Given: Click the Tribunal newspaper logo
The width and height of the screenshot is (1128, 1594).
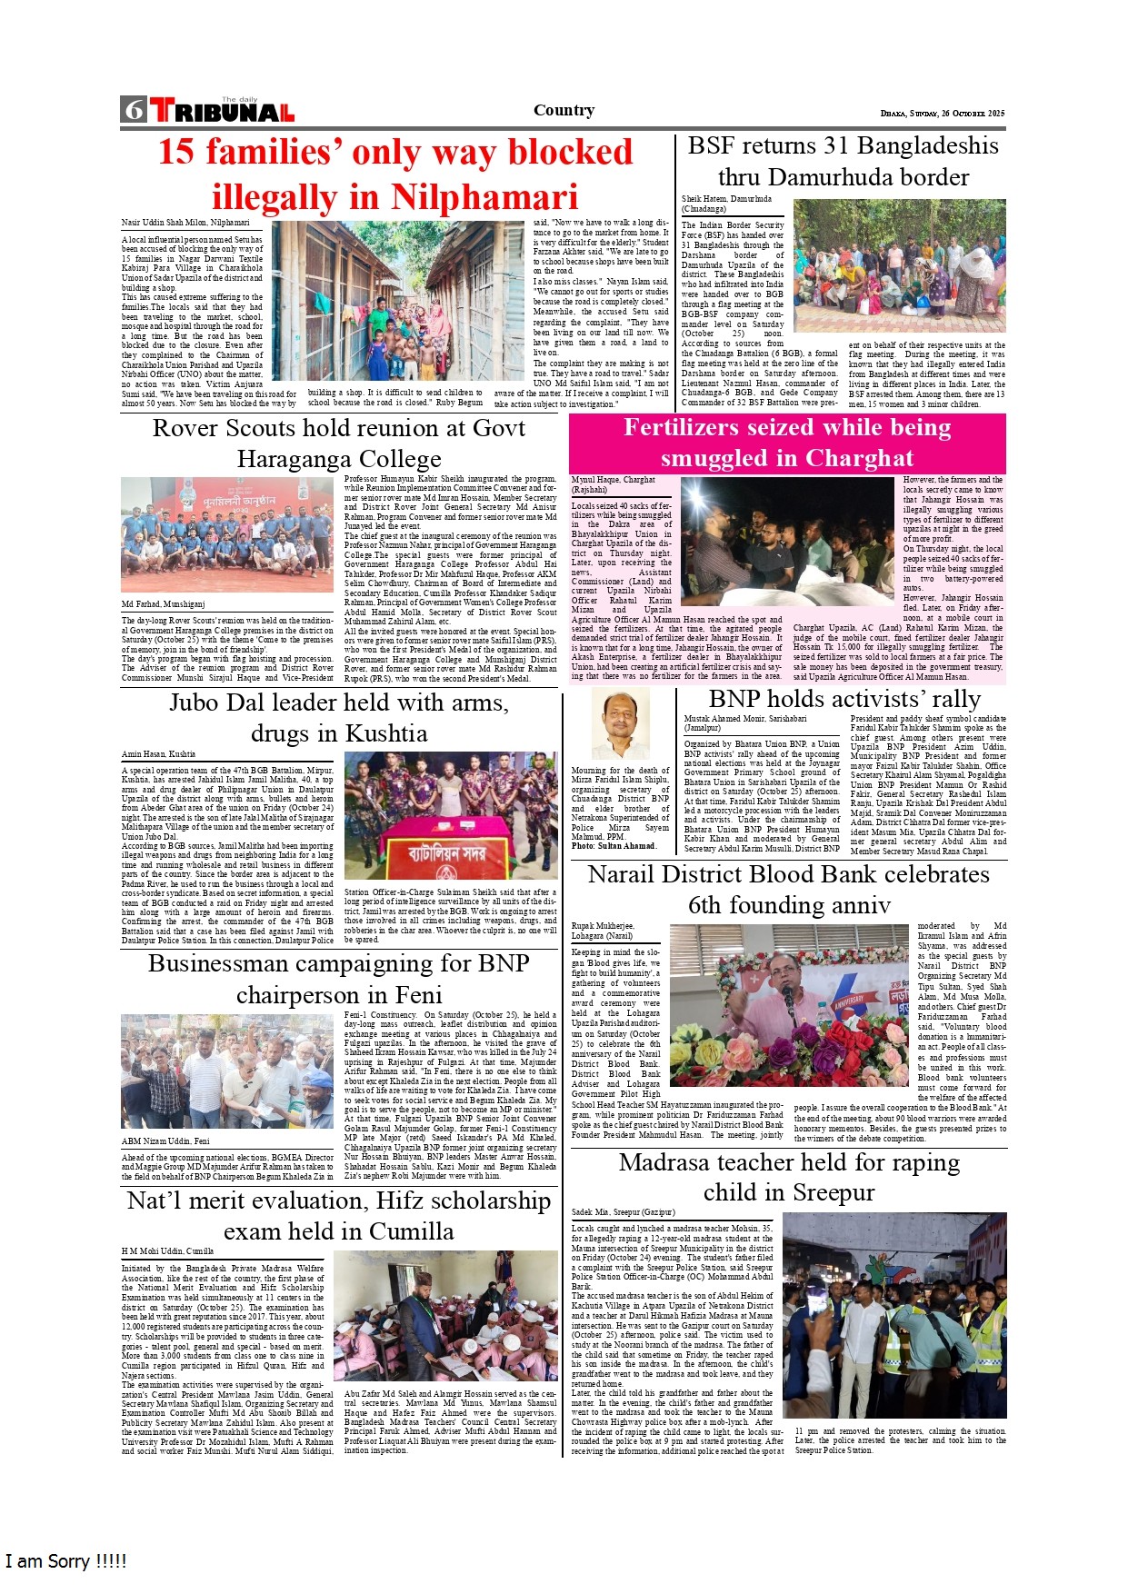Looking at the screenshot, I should point(223,111).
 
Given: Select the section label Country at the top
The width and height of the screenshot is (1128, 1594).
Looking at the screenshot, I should point(564,110).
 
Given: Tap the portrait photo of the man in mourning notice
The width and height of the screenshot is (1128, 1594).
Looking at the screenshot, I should point(620,723).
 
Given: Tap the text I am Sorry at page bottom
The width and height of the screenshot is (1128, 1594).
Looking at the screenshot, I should point(65,1561).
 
